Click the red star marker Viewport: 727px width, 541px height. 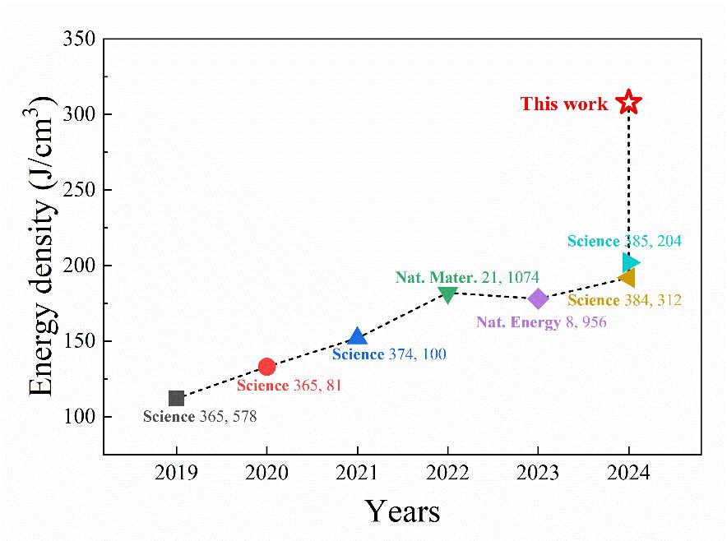coord(628,102)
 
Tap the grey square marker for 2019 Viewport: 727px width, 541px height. coord(176,399)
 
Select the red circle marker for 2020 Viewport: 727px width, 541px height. coord(266,367)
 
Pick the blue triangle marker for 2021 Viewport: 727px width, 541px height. coord(357,336)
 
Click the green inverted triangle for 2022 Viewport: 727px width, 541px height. coord(447,294)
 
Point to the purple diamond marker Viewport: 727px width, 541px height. coord(538,298)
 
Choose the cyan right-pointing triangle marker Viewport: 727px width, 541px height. coord(630,262)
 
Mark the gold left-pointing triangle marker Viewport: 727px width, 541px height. coord(627,278)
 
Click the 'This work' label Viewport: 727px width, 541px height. coord(564,104)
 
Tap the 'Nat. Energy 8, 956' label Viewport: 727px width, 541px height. coord(541,322)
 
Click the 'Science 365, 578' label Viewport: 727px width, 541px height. coord(200,417)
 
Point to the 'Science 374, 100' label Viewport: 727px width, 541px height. coord(389,354)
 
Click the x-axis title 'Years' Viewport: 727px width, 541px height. coord(402,511)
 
